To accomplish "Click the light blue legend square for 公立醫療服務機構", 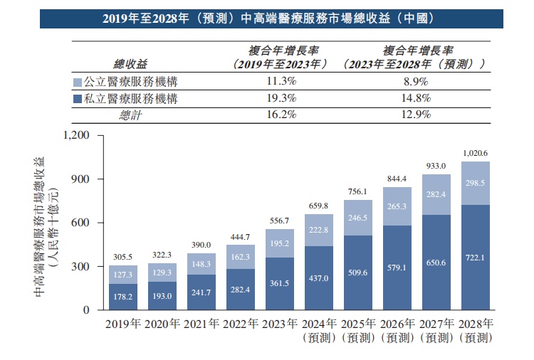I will click(x=78, y=82).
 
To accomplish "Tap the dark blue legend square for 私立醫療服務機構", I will click(x=78, y=99).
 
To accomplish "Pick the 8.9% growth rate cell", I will click(x=414, y=82).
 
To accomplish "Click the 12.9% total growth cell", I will click(x=414, y=115).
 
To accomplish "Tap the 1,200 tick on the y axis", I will click(x=78, y=135).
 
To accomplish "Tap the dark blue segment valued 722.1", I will click(x=476, y=258).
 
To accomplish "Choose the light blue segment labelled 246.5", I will click(x=358, y=218).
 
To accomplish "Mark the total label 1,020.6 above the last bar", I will click(x=476, y=153).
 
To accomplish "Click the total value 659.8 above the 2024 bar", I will click(x=318, y=206).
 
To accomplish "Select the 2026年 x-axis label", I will click(x=397, y=324).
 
